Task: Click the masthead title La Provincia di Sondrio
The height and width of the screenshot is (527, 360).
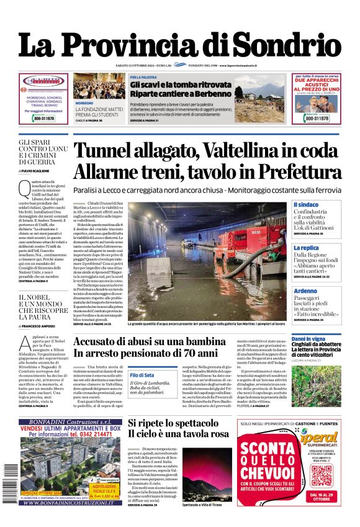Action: tap(179, 45)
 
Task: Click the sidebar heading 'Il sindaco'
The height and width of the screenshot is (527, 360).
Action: tap(306, 204)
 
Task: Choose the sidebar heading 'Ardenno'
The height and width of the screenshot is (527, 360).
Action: tap(305, 291)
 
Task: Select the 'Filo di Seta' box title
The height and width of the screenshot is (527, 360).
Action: tap(142, 375)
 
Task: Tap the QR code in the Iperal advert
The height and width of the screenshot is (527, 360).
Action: tap(321, 476)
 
